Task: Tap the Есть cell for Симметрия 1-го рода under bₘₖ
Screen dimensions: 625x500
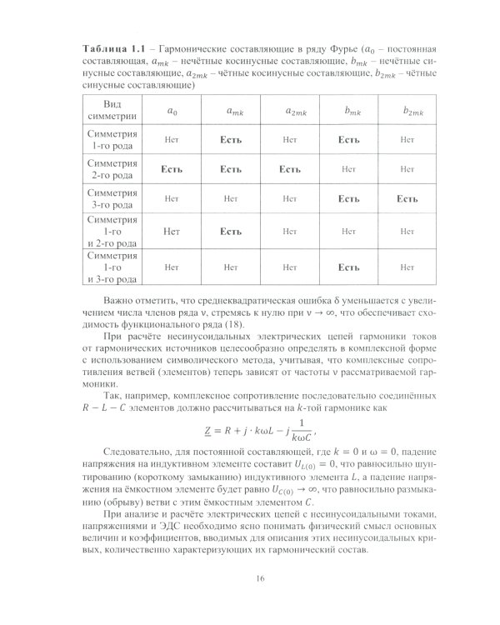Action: click(x=347, y=140)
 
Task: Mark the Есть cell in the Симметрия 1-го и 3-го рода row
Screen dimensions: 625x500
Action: click(x=347, y=267)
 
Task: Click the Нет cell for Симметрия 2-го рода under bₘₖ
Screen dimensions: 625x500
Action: click(x=347, y=169)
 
